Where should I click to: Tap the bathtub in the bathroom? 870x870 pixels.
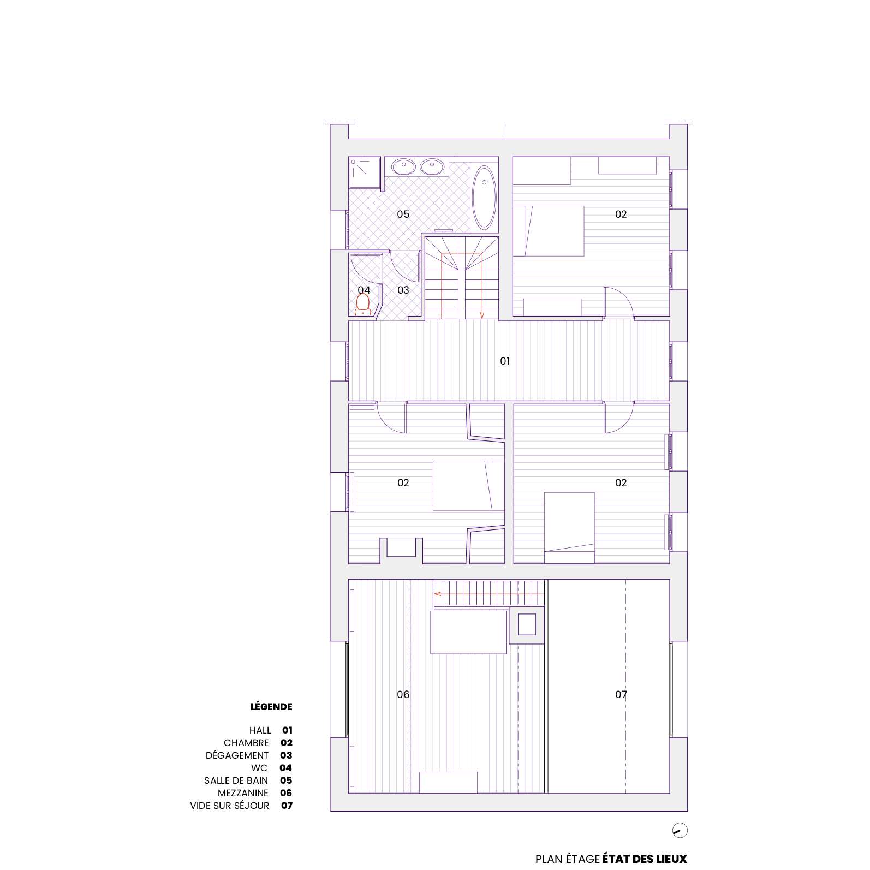coord(484,197)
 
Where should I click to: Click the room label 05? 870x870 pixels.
coord(403,214)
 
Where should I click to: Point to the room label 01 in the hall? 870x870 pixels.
coord(505,361)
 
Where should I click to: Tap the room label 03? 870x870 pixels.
coord(403,290)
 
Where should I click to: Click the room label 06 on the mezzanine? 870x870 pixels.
coord(403,694)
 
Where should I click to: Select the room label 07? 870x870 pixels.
coord(621,694)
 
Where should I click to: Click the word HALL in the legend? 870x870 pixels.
coord(260,730)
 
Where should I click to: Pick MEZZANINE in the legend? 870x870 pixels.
coord(243,793)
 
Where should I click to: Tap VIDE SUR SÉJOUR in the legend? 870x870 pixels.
coord(230,806)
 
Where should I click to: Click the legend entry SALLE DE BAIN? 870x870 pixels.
coord(236,780)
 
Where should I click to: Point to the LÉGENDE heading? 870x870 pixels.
coord(271,706)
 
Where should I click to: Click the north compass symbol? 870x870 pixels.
coord(680,831)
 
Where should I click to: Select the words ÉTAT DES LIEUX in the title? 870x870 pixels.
coord(645,859)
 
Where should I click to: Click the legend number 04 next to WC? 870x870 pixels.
coord(285,768)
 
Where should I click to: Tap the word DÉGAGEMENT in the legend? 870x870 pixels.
coord(237,755)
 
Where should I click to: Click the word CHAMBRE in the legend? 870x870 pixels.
coord(246,743)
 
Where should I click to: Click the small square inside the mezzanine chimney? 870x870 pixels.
coord(527,624)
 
